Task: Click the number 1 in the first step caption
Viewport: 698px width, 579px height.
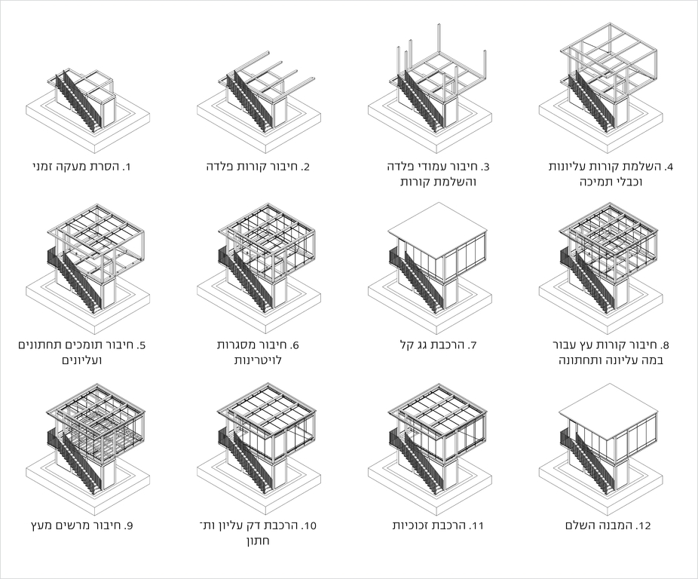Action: [128, 167]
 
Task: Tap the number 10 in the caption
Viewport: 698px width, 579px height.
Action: [308, 525]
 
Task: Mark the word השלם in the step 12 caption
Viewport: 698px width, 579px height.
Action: [581, 525]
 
